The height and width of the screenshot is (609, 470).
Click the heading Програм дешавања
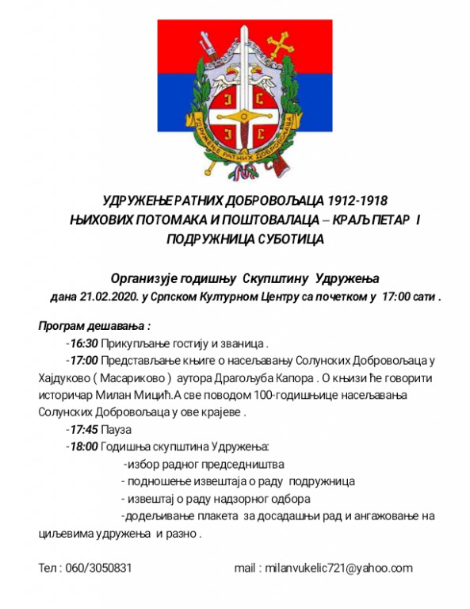click(x=94, y=325)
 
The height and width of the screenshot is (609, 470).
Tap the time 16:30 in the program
click(x=83, y=343)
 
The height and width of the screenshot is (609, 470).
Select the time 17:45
click(x=83, y=429)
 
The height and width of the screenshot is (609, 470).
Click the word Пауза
click(x=116, y=429)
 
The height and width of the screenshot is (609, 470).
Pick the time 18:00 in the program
click(x=83, y=446)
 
